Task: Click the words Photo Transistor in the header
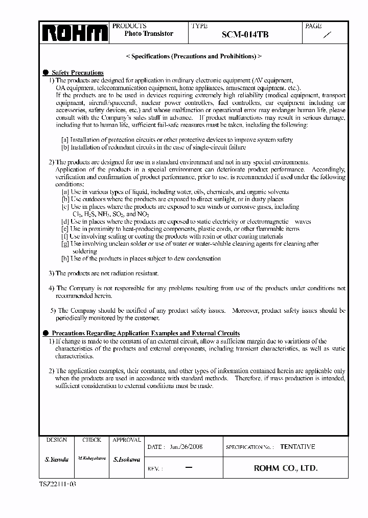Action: [x=149, y=34]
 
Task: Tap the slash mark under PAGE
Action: [x=328, y=35]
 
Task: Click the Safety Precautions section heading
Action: [x=78, y=73]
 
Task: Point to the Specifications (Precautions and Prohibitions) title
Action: [x=194, y=56]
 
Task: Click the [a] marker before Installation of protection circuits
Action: [x=65, y=140]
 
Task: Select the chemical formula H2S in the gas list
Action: [x=89, y=214]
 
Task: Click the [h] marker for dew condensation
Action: [x=65, y=258]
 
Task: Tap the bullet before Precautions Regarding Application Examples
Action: [x=45, y=333]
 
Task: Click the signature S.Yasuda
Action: [x=56, y=460]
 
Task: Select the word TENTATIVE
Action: [x=297, y=446]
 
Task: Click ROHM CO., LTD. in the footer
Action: [x=286, y=468]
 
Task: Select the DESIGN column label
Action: [x=56, y=440]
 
